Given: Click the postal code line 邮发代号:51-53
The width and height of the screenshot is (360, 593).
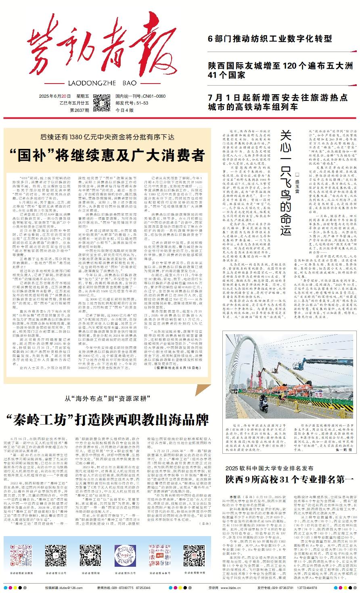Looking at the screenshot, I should click(x=132, y=103).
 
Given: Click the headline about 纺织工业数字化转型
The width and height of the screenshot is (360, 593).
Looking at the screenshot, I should click(x=270, y=39).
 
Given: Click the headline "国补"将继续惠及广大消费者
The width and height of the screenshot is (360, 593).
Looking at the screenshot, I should click(x=107, y=154).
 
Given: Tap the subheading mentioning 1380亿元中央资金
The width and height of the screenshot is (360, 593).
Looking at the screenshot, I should click(x=107, y=137).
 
